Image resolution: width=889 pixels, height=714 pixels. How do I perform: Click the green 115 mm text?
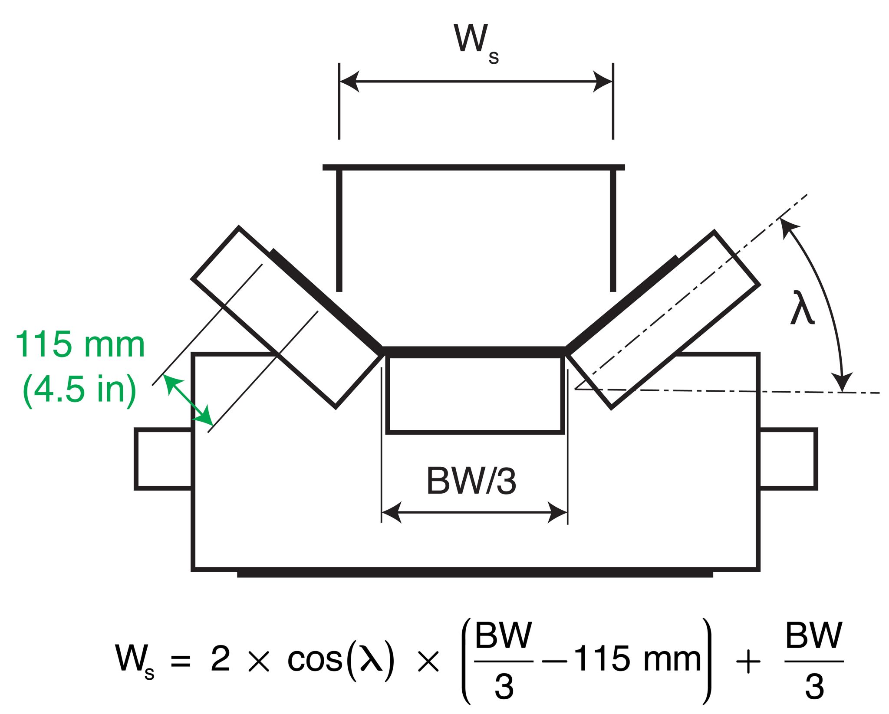80,345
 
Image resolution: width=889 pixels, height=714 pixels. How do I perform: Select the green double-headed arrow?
188,400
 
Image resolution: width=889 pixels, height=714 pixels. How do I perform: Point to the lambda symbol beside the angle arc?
802,308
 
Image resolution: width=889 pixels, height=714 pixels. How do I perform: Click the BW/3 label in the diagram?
471,481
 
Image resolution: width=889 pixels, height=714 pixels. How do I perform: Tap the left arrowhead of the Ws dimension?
349,81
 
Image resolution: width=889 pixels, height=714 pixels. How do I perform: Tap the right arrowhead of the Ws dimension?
603,81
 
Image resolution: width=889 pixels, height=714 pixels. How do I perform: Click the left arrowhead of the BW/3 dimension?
391,512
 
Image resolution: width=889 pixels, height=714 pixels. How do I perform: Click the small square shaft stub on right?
787,459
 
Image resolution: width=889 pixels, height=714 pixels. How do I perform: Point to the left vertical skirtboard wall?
339,230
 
